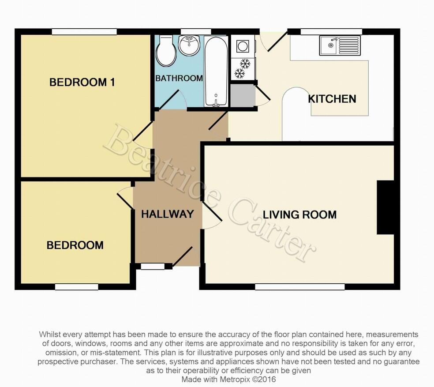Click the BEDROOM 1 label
tap(82, 82)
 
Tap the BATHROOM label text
tap(179, 79)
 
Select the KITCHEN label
tap(332, 99)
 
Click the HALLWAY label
tap(167, 214)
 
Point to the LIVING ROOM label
tap(299, 215)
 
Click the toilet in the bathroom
tap(166, 51)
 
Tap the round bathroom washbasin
tap(190, 45)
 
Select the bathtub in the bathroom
tap(216, 71)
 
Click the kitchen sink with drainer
tap(340, 45)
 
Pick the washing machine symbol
tap(243, 46)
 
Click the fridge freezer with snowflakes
tap(242, 68)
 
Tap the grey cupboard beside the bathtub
tap(242, 95)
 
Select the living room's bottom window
tap(300, 287)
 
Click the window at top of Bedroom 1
tap(84, 31)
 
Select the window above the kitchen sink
tap(331, 31)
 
